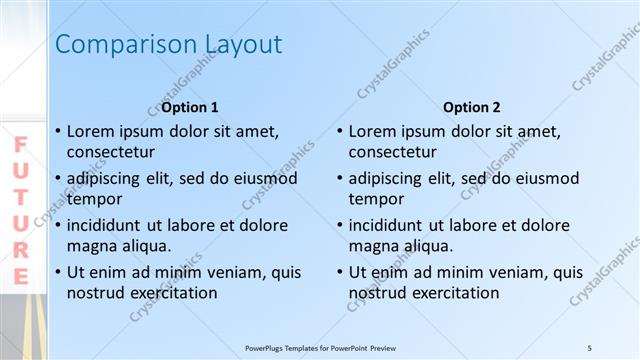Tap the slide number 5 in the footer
point(590,347)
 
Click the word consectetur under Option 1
point(110,152)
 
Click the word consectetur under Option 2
point(393,152)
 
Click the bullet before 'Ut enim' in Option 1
point(58,272)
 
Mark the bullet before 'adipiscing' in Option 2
point(341,179)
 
